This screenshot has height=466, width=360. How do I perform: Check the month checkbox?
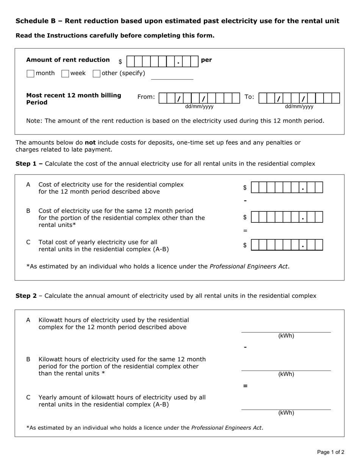(31, 73)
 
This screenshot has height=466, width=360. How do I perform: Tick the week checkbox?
(65, 73)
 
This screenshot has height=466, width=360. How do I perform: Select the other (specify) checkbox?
(97, 73)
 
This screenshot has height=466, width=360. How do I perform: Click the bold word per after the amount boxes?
(207, 60)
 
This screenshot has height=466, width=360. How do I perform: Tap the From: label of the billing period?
(146, 97)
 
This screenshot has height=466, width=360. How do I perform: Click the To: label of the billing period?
(249, 97)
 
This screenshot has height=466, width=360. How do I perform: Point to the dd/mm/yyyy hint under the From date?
(199, 107)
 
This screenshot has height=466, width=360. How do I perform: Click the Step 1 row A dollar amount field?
(287, 188)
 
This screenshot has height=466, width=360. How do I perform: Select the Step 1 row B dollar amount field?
(287, 217)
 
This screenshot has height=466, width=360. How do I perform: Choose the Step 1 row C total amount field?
(287, 245)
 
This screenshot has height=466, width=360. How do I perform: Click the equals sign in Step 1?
(245, 231)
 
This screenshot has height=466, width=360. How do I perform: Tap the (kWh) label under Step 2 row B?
(286, 374)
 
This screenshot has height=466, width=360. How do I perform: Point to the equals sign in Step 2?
(245, 386)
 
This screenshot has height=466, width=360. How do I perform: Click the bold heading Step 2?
(26, 296)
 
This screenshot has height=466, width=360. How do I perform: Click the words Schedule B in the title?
(33, 21)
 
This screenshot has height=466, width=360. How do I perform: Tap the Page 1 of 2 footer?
(330, 452)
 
